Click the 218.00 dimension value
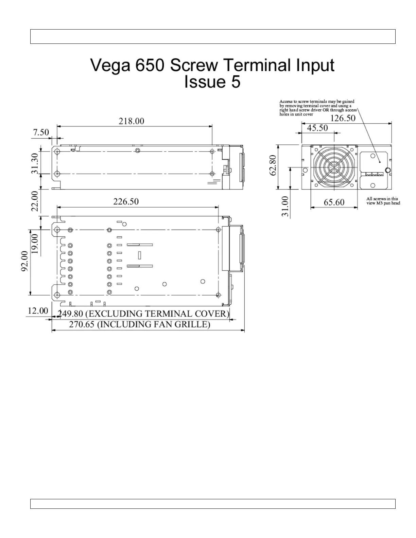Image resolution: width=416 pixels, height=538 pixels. (131, 121)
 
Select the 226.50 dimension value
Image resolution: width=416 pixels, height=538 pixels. (126, 201)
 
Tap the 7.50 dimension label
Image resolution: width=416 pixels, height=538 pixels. (41, 132)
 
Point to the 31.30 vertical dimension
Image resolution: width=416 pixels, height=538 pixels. (35, 163)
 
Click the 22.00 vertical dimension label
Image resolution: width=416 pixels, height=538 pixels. (35, 201)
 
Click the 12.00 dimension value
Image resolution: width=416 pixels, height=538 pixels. (38, 311)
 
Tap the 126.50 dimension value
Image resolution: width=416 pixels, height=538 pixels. (343, 118)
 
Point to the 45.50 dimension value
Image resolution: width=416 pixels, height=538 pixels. (317, 128)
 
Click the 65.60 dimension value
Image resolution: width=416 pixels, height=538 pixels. (334, 202)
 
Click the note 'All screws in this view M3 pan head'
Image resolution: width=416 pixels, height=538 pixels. (383, 201)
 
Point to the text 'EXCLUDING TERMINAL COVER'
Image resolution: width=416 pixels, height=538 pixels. (156, 313)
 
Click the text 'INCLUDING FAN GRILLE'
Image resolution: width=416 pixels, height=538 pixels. (154, 324)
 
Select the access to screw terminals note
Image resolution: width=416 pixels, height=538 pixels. (318, 108)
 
